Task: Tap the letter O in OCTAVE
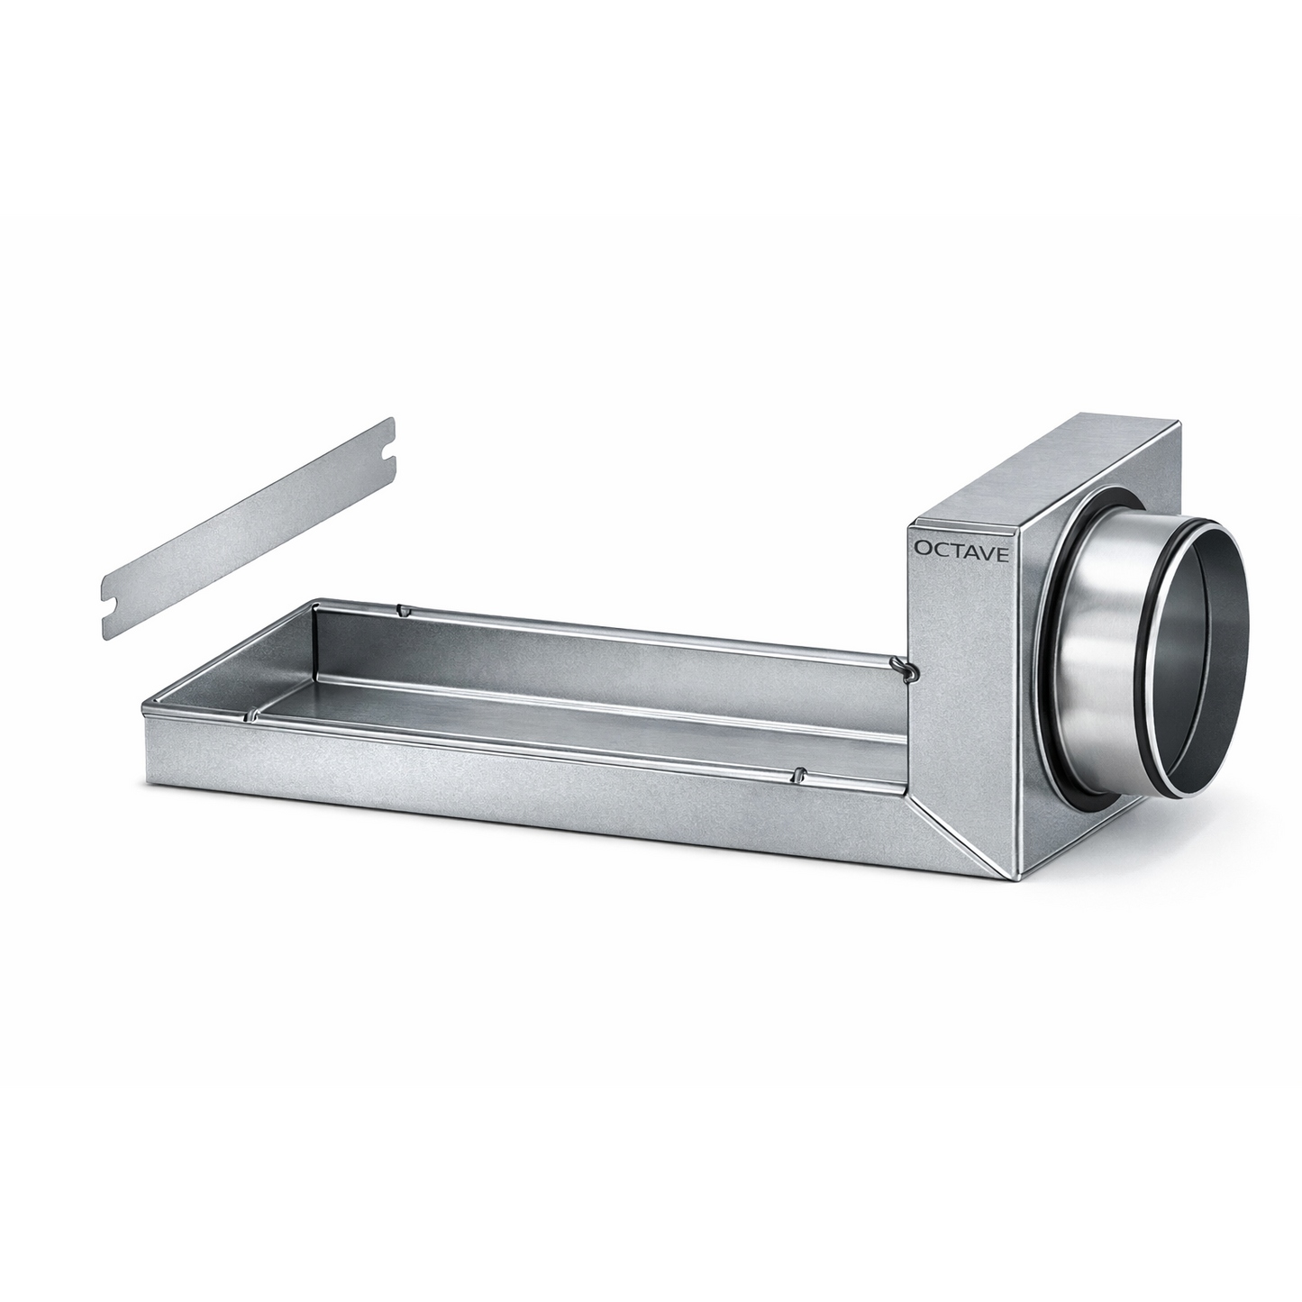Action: [922, 548]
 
